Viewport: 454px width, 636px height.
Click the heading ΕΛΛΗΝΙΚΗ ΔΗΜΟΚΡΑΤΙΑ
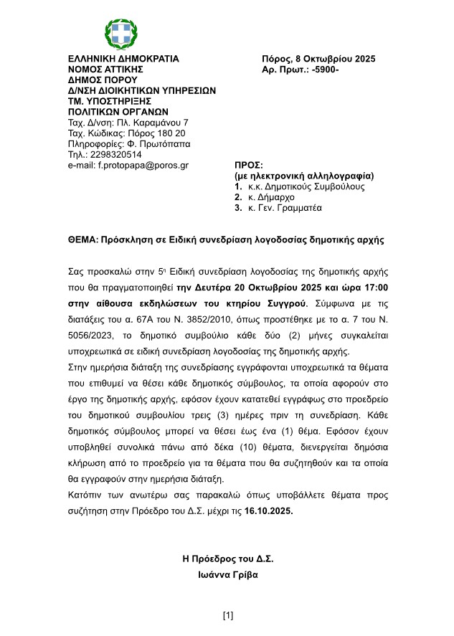point(123,59)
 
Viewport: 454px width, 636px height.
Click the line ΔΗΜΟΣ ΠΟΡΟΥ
point(96,80)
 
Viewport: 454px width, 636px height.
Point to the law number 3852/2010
point(235,318)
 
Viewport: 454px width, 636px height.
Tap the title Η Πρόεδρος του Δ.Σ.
point(228,559)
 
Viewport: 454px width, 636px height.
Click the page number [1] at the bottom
point(228,615)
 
